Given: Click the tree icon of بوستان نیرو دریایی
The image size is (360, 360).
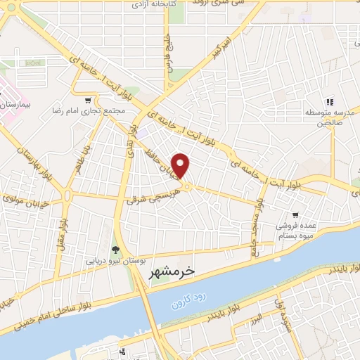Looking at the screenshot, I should click(x=115, y=250).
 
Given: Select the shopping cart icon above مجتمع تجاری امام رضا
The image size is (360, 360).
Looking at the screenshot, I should click(x=88, y=100).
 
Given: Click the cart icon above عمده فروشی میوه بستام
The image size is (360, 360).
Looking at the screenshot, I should click(x=295, y=215).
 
